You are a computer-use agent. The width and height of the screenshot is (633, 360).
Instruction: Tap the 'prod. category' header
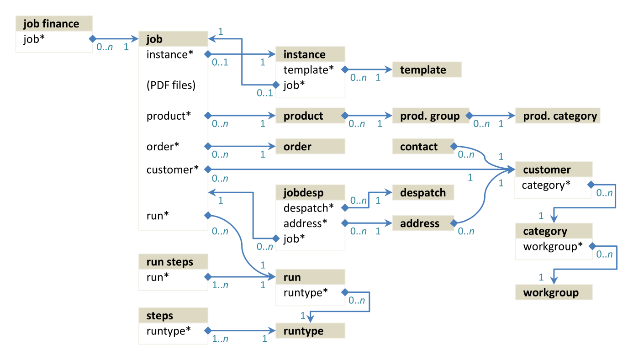coord(557,116)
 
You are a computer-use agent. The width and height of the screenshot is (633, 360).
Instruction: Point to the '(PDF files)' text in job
coord(171,85)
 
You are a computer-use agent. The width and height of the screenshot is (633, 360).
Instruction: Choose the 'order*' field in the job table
coord(163,147)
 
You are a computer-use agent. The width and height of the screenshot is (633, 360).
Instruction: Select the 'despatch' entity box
coord(423,192)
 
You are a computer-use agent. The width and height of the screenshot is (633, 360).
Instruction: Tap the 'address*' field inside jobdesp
coord(306,223)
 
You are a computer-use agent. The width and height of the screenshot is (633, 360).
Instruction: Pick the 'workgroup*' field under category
coord(553,247)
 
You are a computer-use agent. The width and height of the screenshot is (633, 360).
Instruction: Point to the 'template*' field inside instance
coord(309,70)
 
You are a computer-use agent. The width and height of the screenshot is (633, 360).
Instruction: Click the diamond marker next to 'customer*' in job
coord(207,169)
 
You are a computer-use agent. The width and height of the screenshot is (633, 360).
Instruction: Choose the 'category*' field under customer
coord(546,185)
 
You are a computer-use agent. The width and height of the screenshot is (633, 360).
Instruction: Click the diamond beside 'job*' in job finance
coord(92,39)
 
